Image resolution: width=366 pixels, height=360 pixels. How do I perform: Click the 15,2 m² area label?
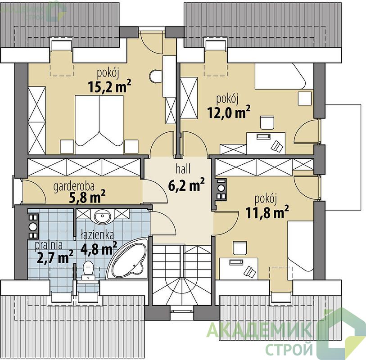point(109,86)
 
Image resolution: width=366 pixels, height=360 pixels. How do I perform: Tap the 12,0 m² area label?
point(229,112)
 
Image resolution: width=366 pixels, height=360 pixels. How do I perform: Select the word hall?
point(183,169)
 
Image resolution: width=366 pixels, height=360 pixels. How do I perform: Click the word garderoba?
point(74,186)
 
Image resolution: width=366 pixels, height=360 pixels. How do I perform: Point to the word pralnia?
point(49,245)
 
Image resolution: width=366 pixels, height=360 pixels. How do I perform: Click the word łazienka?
point(98,235)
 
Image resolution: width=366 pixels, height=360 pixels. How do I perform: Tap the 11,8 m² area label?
point(267,212)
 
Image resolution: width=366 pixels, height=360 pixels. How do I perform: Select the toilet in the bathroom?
point(88,270)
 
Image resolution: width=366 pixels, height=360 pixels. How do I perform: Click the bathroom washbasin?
point(102,216)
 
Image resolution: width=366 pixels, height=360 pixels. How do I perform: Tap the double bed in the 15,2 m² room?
point(99,124)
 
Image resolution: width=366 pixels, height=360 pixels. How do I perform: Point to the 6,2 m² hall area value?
point(186,184)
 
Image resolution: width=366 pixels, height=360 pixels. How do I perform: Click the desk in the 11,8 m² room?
point(239,269)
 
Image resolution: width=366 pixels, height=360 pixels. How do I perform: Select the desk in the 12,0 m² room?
point(266,143)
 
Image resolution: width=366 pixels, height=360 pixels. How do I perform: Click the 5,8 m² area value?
point(87,197)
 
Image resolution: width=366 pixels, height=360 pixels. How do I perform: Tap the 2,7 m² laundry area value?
point(55,257)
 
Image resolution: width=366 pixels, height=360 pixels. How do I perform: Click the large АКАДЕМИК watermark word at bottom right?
point(260,330)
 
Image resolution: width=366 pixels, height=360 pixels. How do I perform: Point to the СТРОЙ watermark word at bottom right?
point(289,349)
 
